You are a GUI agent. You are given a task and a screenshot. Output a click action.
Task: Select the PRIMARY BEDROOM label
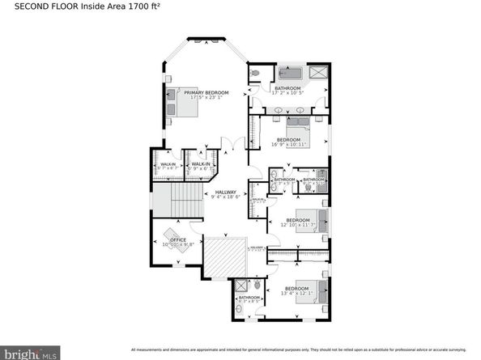click(206, 93)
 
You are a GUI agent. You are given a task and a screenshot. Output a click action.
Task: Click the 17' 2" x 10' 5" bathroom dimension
click(288, 93)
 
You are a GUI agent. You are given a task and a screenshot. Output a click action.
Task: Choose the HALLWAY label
click(226, 192)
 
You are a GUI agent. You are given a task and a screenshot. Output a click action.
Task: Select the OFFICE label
click(178, 239)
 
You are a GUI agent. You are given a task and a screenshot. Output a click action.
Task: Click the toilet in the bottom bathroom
click(257, 284)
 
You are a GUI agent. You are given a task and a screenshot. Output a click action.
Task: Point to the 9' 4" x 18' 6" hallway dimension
click(226, 197)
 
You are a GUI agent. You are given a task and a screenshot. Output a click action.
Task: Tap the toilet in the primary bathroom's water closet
click(255, 73)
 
